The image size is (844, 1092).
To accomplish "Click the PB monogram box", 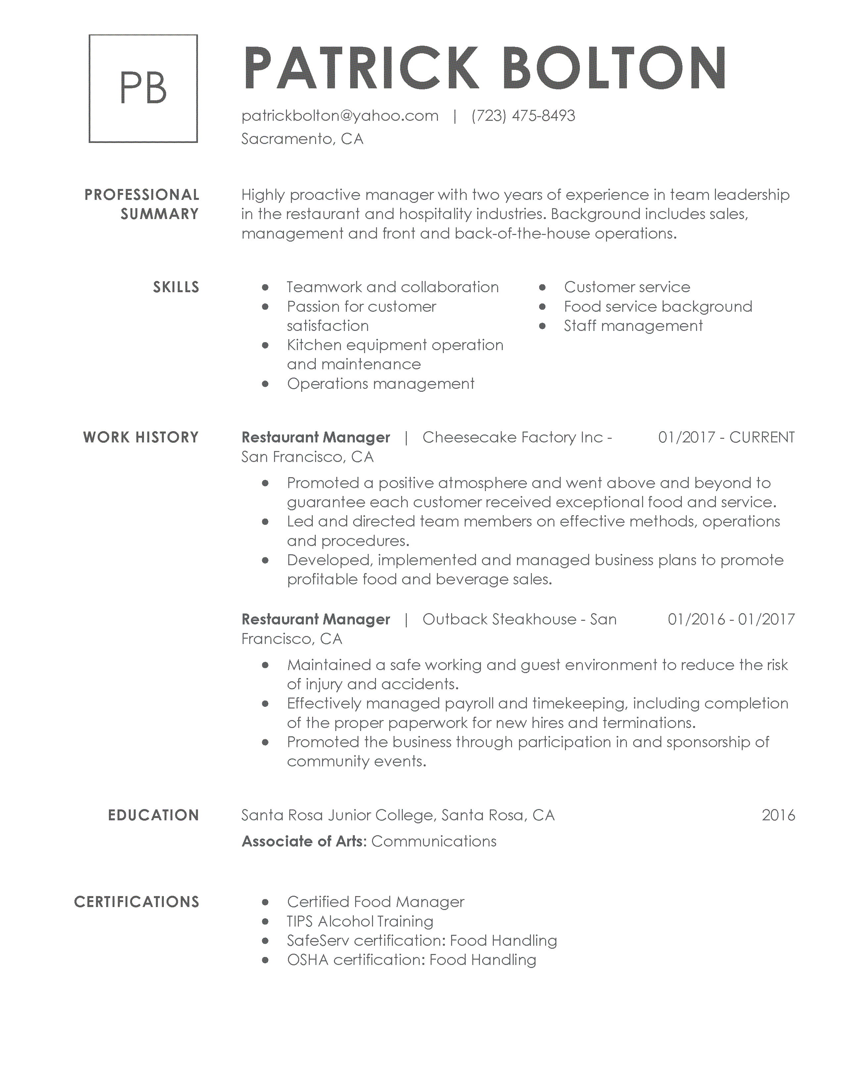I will coord(143,88).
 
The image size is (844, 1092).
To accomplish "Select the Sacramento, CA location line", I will coord(302,139).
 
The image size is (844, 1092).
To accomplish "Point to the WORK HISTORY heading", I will coord(141,437).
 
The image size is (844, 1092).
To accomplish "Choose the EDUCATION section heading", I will coord(154,815).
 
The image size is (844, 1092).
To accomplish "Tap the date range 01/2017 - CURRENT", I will coord(726,437).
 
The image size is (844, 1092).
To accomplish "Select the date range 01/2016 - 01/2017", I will coord(731,619).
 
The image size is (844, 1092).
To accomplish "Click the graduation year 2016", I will coord(778,815).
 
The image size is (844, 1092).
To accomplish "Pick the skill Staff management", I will coord(633,326).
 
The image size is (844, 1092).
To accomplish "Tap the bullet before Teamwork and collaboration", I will coord(265,288).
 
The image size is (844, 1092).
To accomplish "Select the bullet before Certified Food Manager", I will coord(265,902).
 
